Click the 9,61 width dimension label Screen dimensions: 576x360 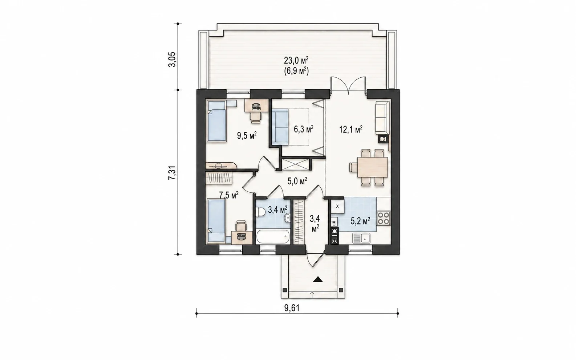click(x=292, y=308)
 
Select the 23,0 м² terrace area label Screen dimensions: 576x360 click(x=296, y=61)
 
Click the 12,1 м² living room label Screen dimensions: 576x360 click(x=351, y=129)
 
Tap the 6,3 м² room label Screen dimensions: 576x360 click(x=303, y=129)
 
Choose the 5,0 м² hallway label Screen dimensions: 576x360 click(x=297, y=181)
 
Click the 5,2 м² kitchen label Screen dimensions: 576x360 click(x=360, y=221)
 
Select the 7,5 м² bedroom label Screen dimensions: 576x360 click(x=228, y=195)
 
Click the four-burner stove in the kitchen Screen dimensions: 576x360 click(x=384, y=218)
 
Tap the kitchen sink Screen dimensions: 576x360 click(x=361, y=238)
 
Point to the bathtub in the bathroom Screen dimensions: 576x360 click(x=273, y=237)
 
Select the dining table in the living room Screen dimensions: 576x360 click(x=373, y=167)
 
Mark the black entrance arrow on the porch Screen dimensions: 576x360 click(x=318, y=279)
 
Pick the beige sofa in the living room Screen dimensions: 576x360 click(x=383, y=118)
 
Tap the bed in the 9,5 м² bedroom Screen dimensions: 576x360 click(x=216, y=121)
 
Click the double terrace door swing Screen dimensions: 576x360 click(x=348, y=85)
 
